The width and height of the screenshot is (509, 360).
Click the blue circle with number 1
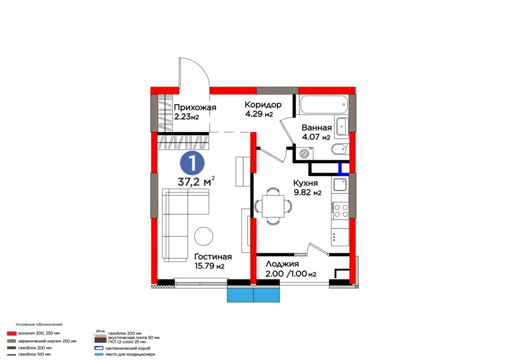click(192, 164)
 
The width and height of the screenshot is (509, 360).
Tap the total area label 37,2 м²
click(196, 181)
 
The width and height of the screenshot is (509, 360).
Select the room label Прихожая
click(195, 107)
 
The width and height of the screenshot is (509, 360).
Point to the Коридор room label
click(263, 105)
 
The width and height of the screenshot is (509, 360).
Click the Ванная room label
click(317, 128)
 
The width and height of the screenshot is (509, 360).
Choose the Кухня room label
click(305, 183)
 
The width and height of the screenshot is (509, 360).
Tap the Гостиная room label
click(213, 256)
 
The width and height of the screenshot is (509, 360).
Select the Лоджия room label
click(282, 264)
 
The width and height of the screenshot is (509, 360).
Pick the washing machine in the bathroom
click(304, 153)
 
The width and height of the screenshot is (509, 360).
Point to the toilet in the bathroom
click(339, 149)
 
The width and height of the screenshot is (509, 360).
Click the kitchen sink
click(340, 185)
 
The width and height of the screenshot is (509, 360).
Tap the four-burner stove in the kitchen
click(340, 211)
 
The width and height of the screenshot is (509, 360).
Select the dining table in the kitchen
click(273, 206)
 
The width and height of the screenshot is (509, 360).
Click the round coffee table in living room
click(204, 236)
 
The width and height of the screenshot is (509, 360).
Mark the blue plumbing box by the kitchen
click(344, 168)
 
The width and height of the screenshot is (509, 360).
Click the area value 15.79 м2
click(209, 266)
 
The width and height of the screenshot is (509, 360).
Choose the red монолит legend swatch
click(11, 333)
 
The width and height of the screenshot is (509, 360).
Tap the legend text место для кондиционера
click(130, 354)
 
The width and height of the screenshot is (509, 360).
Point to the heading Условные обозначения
click(39, 324)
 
